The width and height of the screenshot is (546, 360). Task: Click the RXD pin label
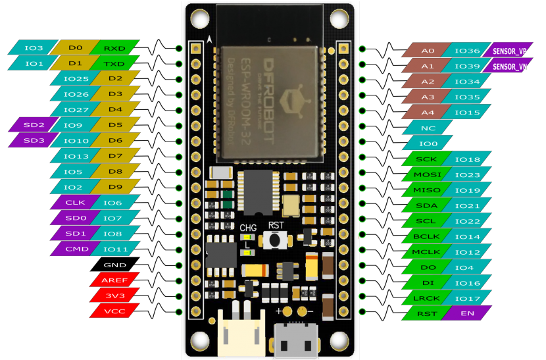pyautogui.click(x=114, y=48)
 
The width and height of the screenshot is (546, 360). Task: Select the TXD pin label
pyautogui.click(x=114, y=64)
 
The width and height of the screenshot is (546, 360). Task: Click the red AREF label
pyautogui.click(x=110, y=280)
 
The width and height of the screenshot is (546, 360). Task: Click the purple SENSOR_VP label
pyautogui.click(x=509, y=51)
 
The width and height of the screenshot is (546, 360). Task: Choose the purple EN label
pyautogui.click(x=468, y=313)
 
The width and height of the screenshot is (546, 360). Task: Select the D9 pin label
pyautogui.click(x=114, y=187)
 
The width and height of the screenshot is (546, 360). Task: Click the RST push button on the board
pyautogui.click(x=273, y=241)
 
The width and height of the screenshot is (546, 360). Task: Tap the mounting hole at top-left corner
pyautogui.click(x=198, y=17)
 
